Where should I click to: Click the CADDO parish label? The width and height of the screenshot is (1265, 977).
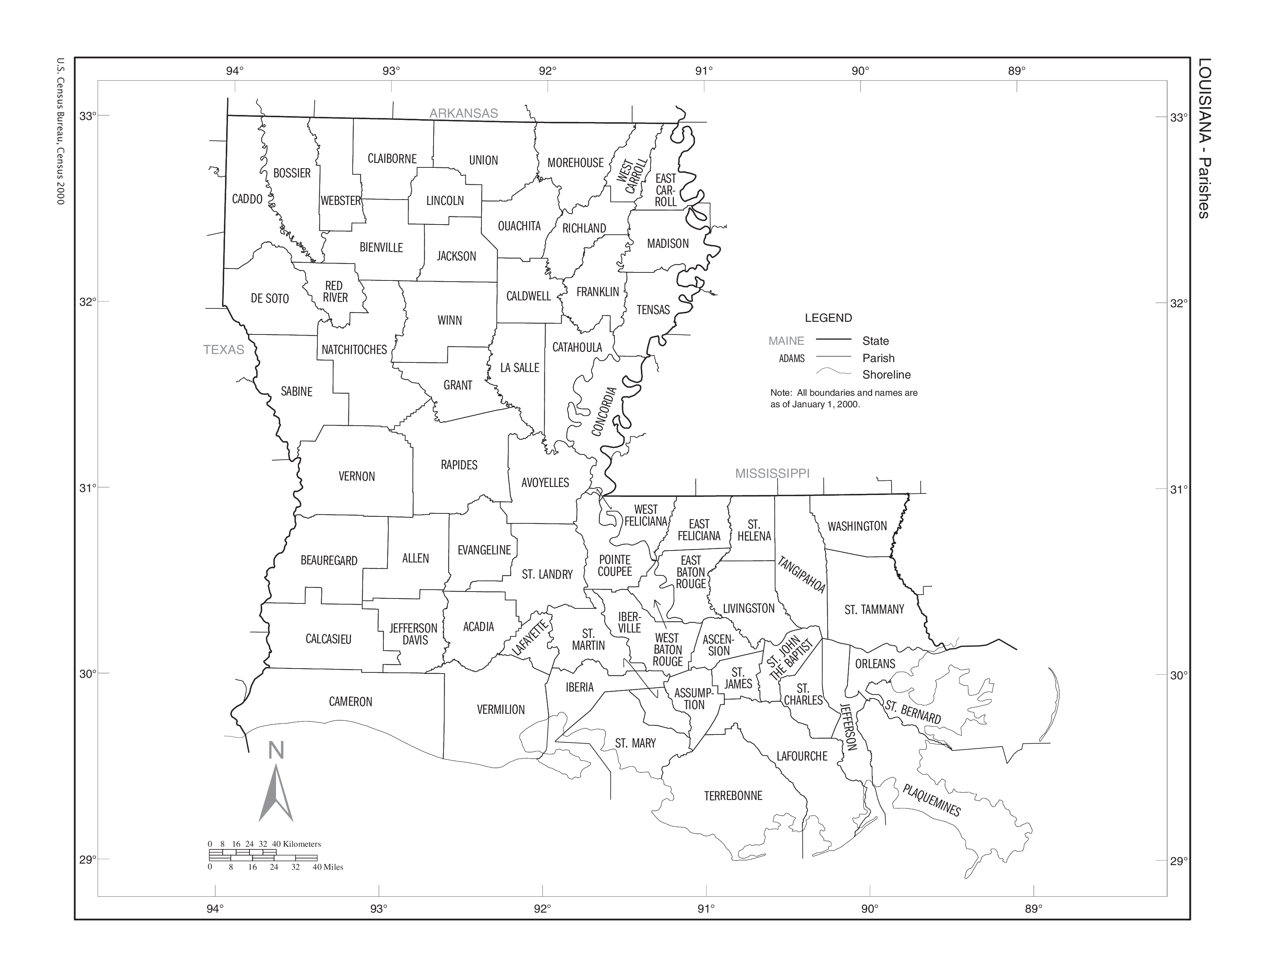(247, 199)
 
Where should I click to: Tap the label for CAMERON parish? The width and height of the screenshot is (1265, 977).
(350, 702)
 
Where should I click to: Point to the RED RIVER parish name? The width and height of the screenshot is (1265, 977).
(335, 292)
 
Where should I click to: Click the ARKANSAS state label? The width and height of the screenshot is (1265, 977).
(463, 113)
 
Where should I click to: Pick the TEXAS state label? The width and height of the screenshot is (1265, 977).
(223, 349)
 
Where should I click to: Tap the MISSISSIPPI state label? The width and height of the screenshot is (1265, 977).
(772, 474)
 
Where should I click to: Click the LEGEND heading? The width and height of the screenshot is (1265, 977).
(828, 318)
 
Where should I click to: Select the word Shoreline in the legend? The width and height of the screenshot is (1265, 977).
(886, 374)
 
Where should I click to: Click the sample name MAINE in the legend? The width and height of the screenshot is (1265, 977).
(786, 341)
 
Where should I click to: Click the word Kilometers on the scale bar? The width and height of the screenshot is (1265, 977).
(302, 844)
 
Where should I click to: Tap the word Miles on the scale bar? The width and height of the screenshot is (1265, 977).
(333, 867)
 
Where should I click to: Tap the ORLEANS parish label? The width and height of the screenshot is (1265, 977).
(875, 664)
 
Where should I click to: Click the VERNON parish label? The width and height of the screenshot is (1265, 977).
(357, 476)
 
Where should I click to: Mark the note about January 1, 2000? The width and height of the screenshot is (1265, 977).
(843, 398)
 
